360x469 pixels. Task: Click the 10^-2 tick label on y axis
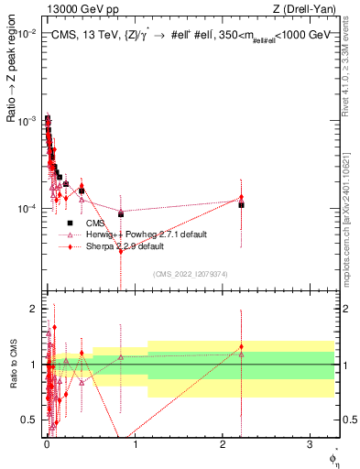(x=26, y=33)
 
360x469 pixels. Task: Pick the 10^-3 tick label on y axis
(x=26, y=121)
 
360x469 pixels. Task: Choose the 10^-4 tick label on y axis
(x=26, y=209)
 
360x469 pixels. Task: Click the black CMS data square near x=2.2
(x=241, y=204)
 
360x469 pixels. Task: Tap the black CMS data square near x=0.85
(x=121, y=214)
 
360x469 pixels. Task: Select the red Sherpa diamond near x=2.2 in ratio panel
(x=241, y=347)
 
